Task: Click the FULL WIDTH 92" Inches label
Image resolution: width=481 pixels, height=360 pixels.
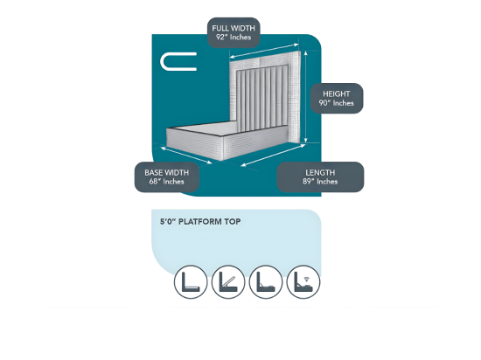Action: tap(234, 32)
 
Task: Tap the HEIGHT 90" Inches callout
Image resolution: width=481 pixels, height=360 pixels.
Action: tap(337, 99)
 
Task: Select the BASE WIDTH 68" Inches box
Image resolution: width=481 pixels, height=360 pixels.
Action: tap(167, 177)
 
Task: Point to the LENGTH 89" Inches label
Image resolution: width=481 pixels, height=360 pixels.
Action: tap(320, 177)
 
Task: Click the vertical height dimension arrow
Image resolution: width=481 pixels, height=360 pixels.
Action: tap(305, 97)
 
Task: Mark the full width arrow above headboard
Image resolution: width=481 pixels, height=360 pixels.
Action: tap(264, 51)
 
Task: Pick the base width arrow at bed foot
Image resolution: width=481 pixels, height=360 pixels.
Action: tap(186, 155)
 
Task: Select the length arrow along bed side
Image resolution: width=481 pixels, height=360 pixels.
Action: tap(273, 156)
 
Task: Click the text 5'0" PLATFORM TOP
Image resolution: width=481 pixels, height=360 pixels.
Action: tap(200, 222)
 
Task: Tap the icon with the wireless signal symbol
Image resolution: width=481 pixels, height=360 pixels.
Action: tap(303, 282)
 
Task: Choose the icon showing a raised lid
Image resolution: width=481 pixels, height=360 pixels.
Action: tap(228, 282)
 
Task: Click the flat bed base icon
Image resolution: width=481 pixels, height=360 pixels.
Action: tap(191, 282)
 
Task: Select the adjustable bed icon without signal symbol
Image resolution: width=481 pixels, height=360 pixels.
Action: tap(266, 282)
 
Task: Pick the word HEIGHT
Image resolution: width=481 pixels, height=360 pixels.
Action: tap(337, 93)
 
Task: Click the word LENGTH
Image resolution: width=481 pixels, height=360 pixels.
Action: tap(320, 172)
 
